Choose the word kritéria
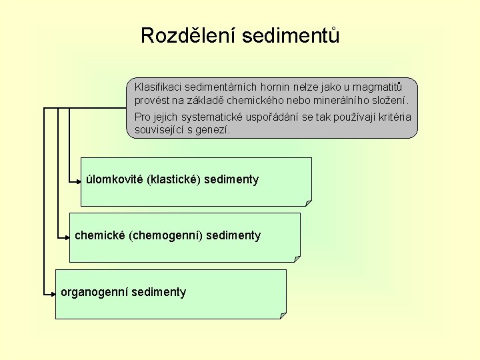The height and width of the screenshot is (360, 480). (x=394, y=117)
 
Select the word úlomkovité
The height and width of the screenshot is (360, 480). (x=111, y=179)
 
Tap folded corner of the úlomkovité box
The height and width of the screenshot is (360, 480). (x=308, y=202)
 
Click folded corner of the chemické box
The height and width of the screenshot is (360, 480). (x=297, y=259)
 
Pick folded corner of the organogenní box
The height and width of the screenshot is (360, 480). (x=283, y=315)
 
